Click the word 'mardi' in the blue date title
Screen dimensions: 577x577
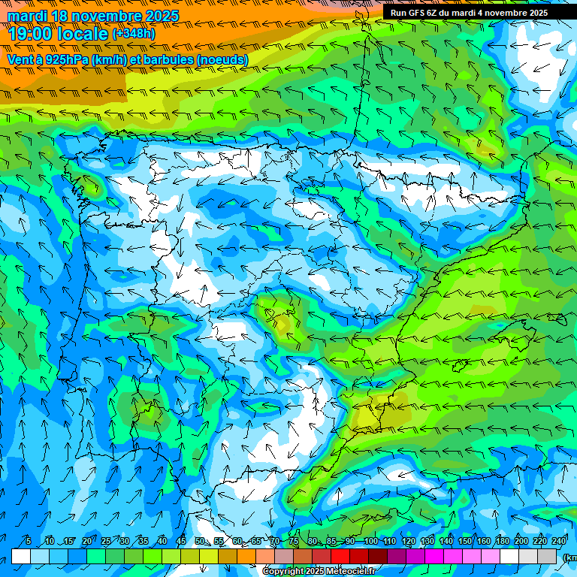coord(26,16)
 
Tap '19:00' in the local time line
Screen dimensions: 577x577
coord(32,34)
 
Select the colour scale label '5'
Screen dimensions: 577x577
coord(29,542)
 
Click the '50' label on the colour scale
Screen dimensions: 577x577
coord(200,542)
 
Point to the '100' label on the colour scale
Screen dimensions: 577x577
coord(370,542)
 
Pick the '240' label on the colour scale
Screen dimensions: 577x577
coord(559,542)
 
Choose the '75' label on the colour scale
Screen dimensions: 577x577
coord(294,542)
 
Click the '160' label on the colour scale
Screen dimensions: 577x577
coord(483,542)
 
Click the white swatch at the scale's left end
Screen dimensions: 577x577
coord(21,557)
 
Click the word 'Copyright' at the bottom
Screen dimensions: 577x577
coord(283,572)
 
